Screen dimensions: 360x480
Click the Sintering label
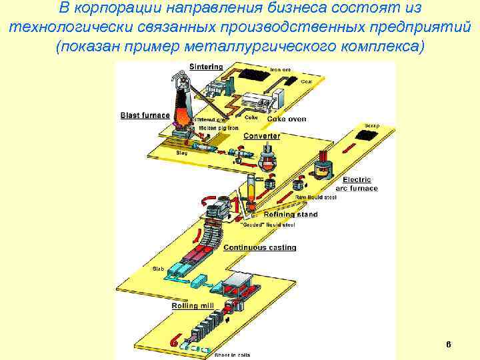pos(206,67)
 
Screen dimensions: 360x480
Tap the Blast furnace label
pos(145,115)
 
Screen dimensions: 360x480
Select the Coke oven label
pos(287,119)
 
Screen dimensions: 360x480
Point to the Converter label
pos(261,136)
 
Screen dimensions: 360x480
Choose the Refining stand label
pos(291,215)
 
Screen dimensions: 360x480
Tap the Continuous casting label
pos(259,248)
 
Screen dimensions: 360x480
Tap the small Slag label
pos(181,153)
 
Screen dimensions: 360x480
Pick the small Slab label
pos(158,269)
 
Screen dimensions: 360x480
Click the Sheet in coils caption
pos(232,355)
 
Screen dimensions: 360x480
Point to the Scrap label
pos(371,125)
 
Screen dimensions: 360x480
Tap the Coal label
pos(306,81)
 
